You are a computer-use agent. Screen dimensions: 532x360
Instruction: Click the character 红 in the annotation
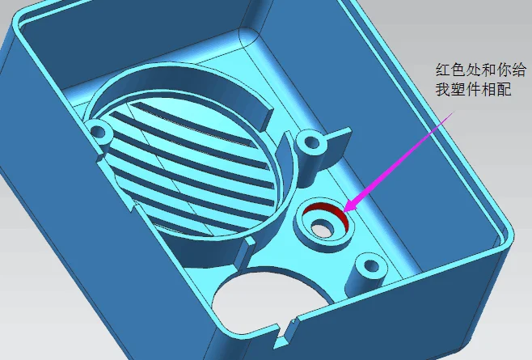443,70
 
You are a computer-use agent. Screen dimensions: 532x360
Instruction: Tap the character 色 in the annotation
458,70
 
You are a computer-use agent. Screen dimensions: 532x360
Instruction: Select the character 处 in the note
473,70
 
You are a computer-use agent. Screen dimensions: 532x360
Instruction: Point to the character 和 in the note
488,70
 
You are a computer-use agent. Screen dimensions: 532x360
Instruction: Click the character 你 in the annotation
504,70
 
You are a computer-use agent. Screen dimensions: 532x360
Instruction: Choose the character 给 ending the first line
519,70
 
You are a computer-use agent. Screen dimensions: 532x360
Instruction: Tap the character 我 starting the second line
443,89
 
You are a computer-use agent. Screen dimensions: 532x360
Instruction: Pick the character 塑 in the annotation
458,89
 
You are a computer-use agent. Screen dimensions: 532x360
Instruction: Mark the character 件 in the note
473,89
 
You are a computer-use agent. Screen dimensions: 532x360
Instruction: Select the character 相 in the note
488,89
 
